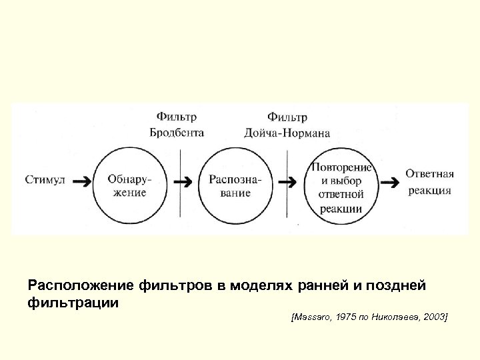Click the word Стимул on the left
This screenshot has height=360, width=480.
45,179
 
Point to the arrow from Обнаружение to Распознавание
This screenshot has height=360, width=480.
183,181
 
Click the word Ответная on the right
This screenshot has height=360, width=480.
429,174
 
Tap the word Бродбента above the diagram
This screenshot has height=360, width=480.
176,133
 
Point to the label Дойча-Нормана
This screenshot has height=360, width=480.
287,133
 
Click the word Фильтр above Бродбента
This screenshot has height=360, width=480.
176,117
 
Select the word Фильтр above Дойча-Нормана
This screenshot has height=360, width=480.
287,117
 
